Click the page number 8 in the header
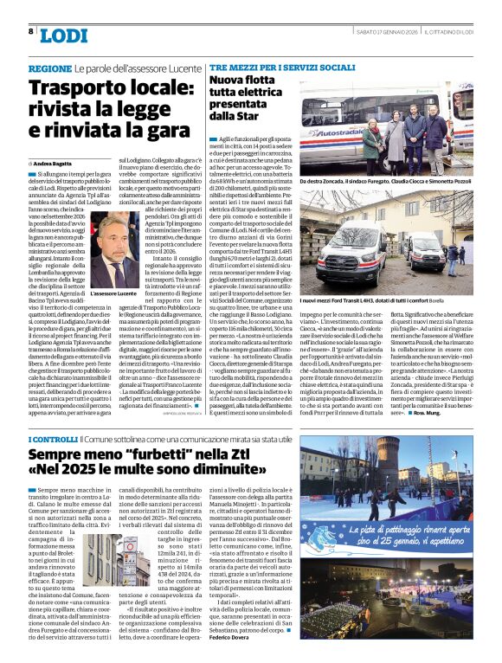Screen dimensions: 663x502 pos(30,31)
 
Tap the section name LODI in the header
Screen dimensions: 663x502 pos(64,35)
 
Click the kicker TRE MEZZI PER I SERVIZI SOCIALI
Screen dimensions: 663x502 pos(282,67)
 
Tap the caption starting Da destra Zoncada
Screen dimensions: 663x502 pos(396,182)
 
